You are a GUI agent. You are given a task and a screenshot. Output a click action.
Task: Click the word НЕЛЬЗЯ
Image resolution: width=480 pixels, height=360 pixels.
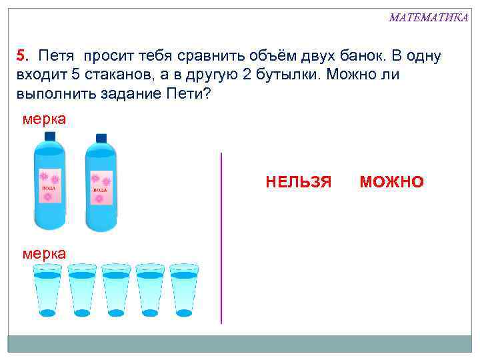(298, 182)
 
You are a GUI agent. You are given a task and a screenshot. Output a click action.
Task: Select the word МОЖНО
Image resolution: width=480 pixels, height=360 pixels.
(391, 182)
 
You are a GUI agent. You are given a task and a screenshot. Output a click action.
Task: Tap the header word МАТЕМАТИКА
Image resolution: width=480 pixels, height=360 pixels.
(428, 17)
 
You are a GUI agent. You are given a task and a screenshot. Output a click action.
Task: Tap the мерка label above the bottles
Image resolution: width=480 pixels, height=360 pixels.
(44, 119)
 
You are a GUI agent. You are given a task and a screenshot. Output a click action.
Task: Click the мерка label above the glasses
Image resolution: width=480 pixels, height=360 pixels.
(44, 253)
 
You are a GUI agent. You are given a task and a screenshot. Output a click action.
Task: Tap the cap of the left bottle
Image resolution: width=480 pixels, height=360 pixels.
(49, 135)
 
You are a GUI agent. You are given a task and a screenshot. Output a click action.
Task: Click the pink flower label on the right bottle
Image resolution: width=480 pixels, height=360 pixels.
(101, 187)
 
